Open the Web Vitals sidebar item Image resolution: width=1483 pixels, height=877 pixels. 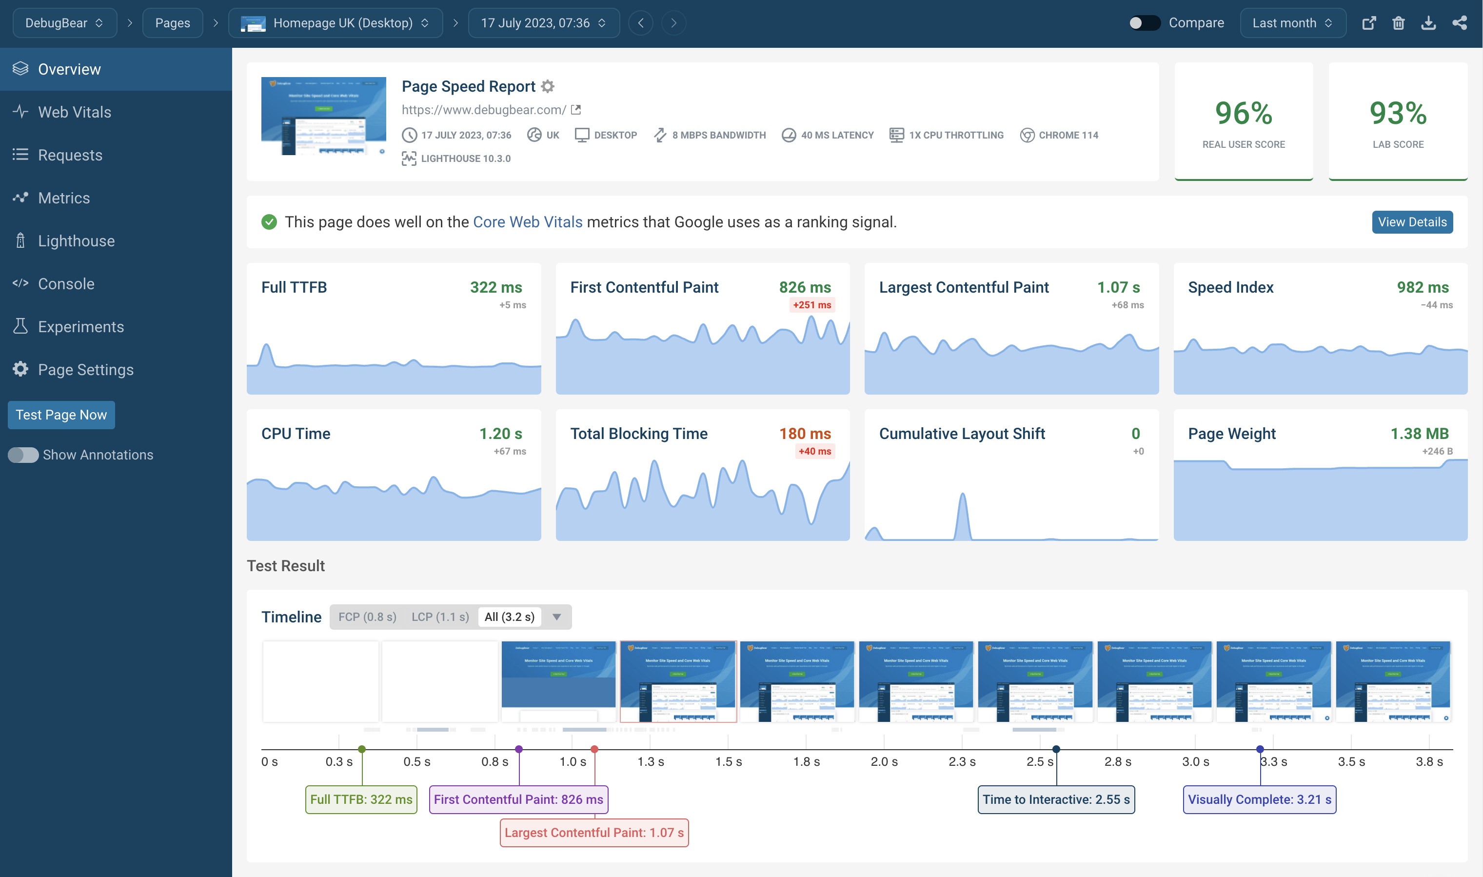(75, 112)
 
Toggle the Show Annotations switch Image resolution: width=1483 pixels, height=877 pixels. (23, 455)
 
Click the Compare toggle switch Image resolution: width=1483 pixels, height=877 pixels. (1144, 23)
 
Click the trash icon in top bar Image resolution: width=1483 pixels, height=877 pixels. (1398, 23)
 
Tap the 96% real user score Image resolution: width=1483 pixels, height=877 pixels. (1243, 114)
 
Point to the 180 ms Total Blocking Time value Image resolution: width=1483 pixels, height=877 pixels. (804, 434)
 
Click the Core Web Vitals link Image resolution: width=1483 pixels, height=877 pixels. (527, 222)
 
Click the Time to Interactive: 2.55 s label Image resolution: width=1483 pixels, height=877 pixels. (1056, 799)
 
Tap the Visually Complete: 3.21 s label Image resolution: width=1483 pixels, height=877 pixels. (1259, 799)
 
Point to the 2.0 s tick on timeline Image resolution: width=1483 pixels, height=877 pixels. (884, 761)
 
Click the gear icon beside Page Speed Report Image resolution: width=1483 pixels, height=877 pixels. (548, 86)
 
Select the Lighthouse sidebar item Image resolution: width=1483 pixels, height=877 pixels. (76, 241)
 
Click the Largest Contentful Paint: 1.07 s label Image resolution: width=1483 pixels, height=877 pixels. (594, 833)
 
